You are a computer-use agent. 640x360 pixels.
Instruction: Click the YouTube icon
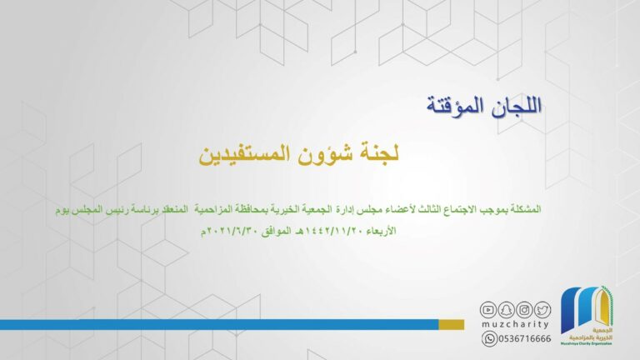point(487,310)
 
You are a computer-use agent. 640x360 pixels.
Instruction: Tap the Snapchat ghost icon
point(506,310)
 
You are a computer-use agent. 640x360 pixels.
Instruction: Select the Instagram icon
point(524,310)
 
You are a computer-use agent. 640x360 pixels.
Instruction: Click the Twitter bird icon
point(542,310)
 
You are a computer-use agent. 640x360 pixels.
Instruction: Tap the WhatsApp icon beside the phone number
point(489,339)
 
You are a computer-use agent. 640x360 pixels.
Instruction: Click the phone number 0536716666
point(525,339)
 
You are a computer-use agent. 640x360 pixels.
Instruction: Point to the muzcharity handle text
point(515,324)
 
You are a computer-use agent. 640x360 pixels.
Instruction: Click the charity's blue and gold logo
point(587,316)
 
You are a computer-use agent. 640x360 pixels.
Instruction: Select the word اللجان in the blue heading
point(517,106)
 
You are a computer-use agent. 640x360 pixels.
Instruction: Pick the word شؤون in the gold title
point(326,154)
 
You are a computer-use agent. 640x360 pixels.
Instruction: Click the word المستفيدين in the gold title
point(245,154)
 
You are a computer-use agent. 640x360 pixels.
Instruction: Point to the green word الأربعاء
point(381,231)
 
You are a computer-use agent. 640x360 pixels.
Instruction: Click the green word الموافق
point(277,232)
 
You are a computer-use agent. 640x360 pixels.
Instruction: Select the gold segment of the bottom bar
point(452,324)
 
